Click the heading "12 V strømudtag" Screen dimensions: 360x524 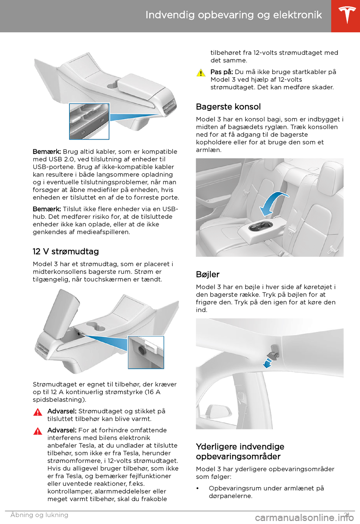click(66, 251)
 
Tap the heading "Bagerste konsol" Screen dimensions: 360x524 click(228, 107)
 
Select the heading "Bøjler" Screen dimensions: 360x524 click(208, 274)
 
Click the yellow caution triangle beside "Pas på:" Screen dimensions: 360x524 click(201, 73)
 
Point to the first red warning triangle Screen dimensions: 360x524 click(37, 412)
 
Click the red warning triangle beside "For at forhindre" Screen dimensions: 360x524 click(37, 431)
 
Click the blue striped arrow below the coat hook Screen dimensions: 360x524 click(267, 363)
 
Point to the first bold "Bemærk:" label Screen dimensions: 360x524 click(47, 152)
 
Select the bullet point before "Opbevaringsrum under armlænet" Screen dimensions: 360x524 click(198, 488)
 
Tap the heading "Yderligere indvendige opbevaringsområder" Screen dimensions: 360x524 click(240, 452)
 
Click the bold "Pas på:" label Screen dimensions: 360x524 click(221, 72)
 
